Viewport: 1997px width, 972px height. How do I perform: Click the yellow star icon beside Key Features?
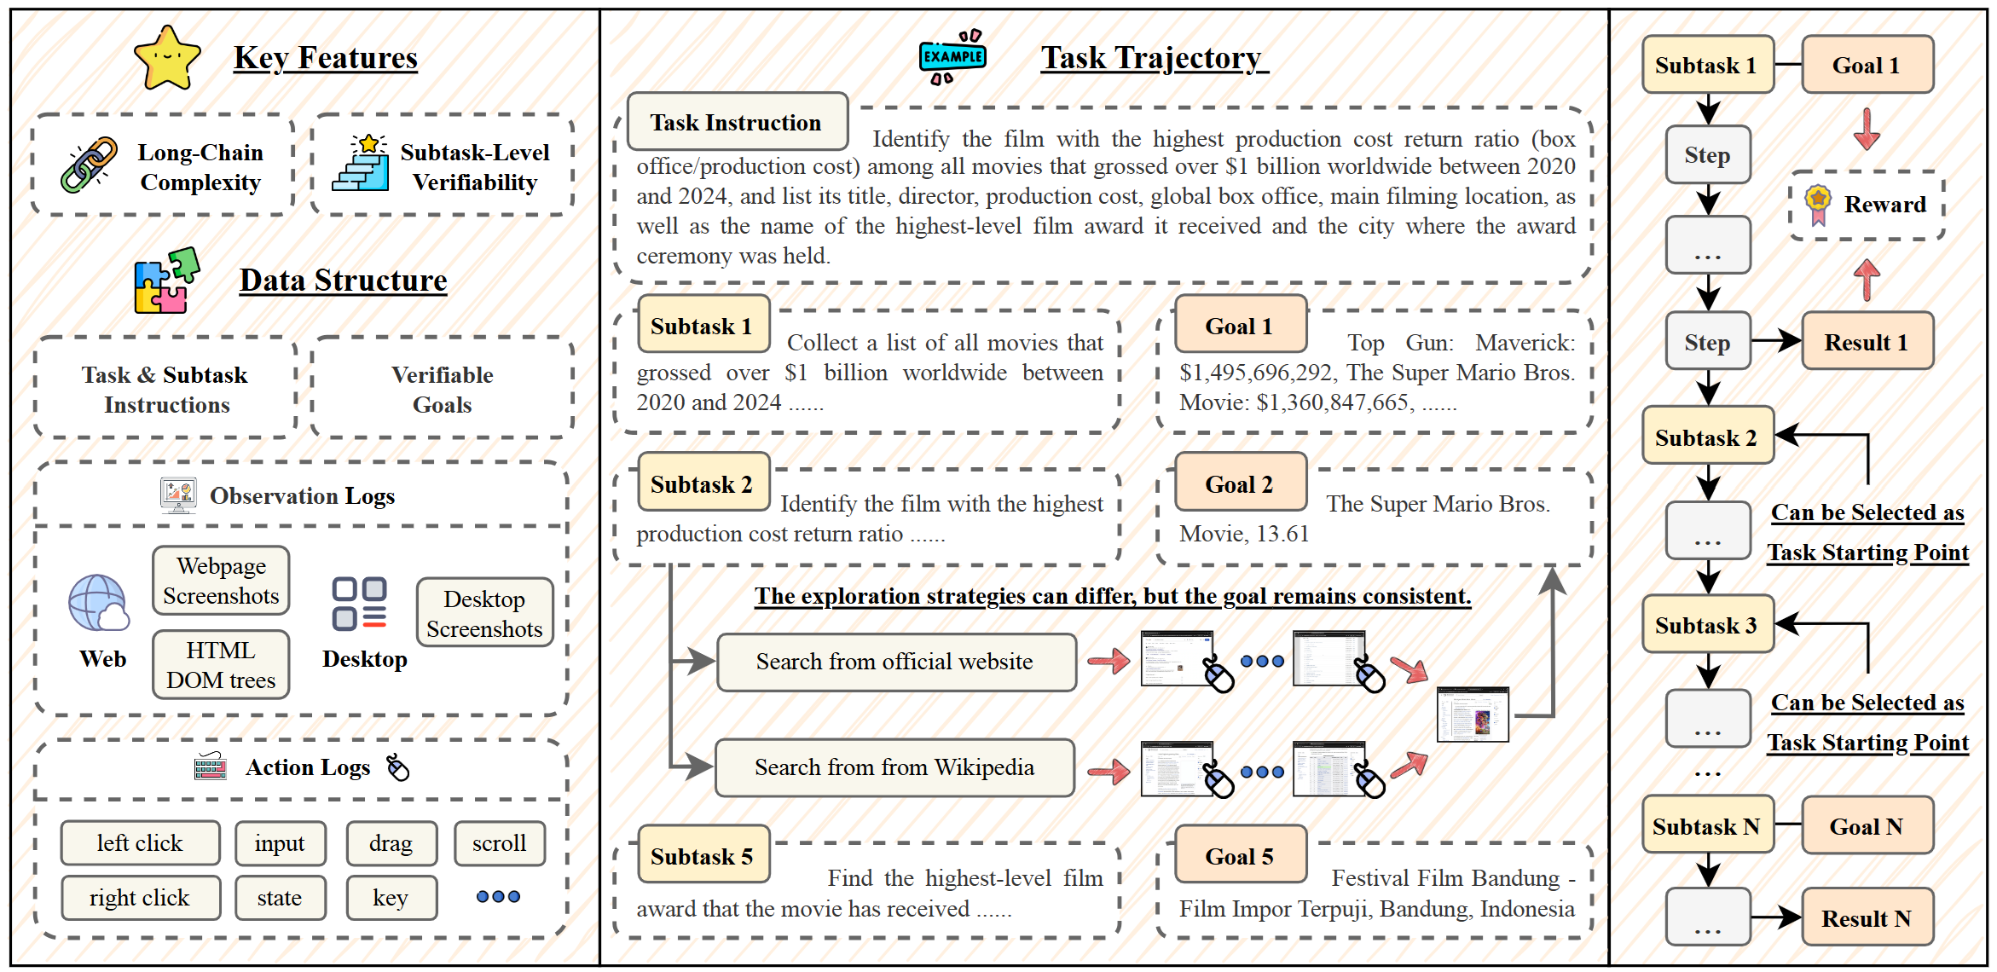tap(167, 58)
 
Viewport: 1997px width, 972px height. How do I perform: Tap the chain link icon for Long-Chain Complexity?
tap(89, 165)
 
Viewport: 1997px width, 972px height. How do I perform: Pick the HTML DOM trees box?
tap(221, 665)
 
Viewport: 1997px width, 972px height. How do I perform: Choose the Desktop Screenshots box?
tap(484, 613)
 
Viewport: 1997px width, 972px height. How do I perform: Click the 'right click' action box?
tap(140, 898)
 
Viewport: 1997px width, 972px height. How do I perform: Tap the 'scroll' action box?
tap(499, 843)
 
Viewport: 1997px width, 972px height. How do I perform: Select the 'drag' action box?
tap(391, 843)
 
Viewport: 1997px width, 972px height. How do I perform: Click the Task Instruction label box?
tap(737, 122)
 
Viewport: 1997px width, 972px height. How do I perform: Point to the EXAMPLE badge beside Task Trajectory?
tap(952, 57)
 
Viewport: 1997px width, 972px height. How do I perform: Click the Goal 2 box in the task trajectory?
tap(1240, 483)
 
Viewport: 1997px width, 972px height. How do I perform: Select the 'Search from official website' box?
tap(895, 662)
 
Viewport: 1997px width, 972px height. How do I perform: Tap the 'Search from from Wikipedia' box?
tap(894, 767)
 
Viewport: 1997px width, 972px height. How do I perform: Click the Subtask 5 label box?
tap(703, 855)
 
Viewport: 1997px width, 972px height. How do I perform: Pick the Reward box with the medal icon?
tap(1867, 205)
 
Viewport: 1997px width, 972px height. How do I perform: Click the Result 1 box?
tap(1867, 342)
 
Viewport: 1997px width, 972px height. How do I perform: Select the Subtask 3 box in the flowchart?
tap(1707, 625)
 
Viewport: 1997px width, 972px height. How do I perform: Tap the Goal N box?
tap(1867, 825)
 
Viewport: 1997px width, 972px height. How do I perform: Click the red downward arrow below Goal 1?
tap(1867, 129)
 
